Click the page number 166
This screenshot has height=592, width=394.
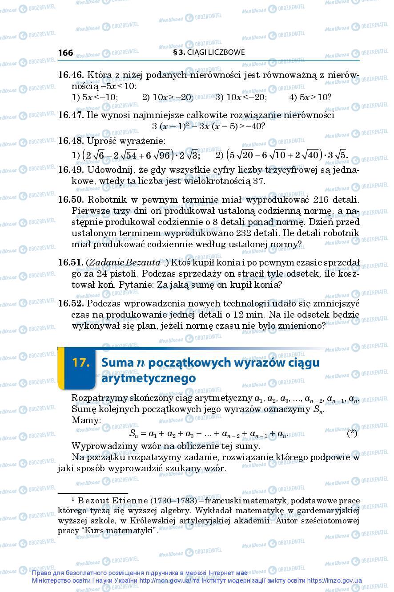65,53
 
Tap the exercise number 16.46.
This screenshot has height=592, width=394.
71,75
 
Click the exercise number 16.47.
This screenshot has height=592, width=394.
71,115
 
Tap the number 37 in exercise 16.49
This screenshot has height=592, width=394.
258,181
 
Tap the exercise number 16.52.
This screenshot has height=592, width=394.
71,303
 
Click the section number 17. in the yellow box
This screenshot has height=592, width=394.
81,362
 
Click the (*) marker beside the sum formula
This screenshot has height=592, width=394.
351,433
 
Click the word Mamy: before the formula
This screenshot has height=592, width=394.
86,420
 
